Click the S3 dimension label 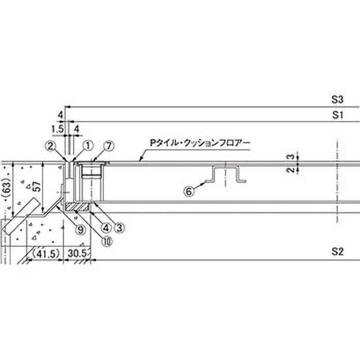click(x=337, y=99)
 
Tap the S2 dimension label click(x=337, y=252)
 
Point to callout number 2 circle click(x=51, y=146)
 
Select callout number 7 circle click(x=109, y=146)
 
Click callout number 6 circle click(x=189, y=191)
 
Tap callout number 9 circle click(x=81, y=229)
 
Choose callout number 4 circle click(x=106, y=228)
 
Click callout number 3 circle click(x=119, y=228)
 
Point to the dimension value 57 click(x=37, y=186)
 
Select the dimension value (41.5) click(x=46, y=254)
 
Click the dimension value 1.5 click(x=57, y=129)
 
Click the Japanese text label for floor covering click(x=200, y=143)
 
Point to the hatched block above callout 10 click(x=77, y=207)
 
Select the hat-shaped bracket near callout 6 click(x=226, y=174)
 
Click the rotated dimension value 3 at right click(x=291, y=157)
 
